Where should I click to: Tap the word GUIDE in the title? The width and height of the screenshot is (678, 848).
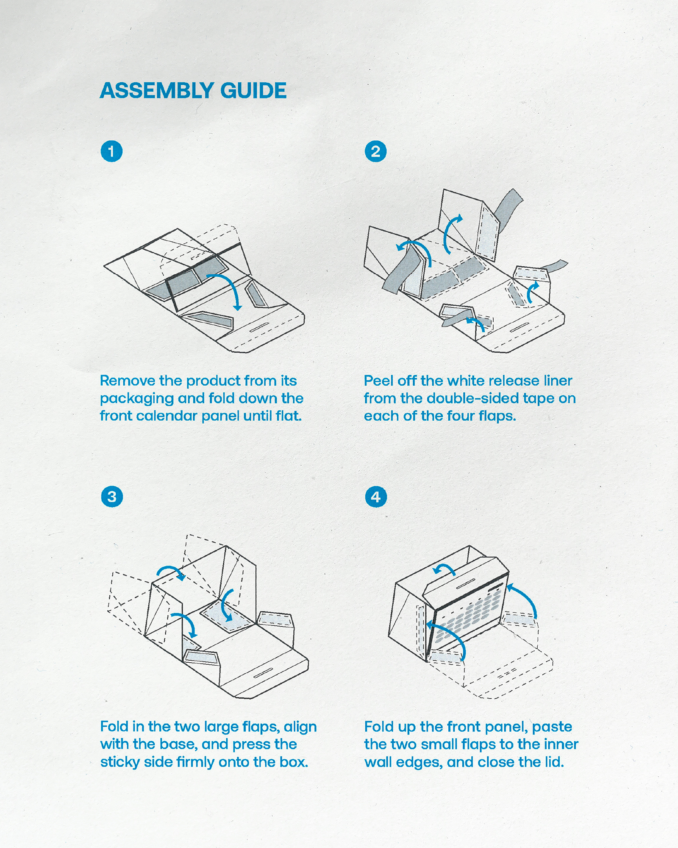253,91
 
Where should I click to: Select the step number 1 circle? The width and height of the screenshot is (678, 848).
111,151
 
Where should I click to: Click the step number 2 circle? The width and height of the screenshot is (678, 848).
375,151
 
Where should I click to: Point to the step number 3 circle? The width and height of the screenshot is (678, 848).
112,497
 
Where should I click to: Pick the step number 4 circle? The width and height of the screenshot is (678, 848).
376,497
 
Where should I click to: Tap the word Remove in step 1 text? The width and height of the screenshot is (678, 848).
128,381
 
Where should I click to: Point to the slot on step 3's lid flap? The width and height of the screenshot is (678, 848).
263,673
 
